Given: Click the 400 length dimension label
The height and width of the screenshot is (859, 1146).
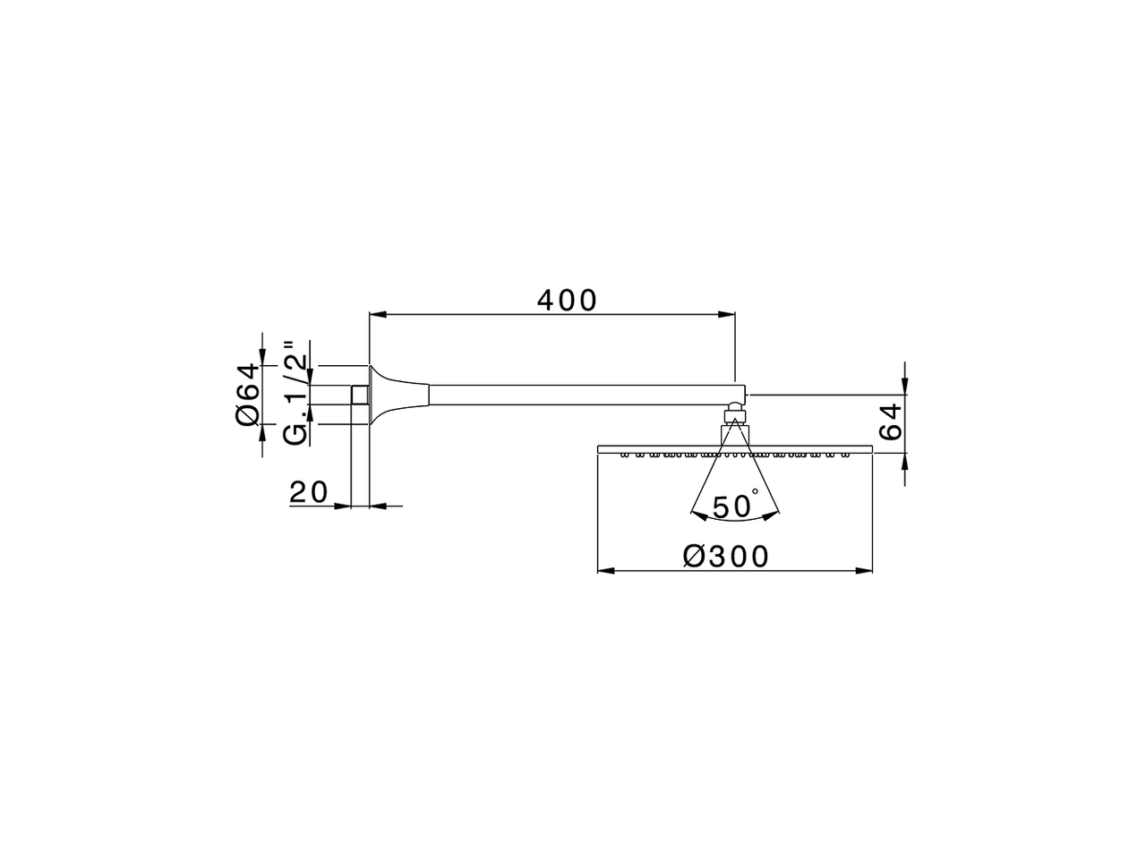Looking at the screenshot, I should tap(567, 300).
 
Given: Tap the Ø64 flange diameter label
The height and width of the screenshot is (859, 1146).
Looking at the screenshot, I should tap(248, 395).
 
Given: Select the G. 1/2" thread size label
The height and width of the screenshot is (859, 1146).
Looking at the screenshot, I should tap(295, 393).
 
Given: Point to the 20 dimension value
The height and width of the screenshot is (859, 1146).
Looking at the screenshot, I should tap(309, 491).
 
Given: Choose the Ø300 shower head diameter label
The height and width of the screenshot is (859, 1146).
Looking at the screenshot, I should tap(726, 556).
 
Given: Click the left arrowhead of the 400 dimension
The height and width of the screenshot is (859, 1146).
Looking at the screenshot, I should tap(377, 314).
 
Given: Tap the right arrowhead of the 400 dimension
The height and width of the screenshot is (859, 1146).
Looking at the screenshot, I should tap(727, 314).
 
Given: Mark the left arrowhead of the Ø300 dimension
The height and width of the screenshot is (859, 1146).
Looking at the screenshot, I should tap(605, 570).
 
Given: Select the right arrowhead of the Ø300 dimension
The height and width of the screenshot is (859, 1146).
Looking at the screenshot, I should tap(864, 570).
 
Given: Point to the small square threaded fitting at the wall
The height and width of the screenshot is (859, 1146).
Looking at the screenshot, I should tap(360, 395).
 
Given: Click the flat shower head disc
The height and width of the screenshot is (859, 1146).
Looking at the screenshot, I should tap(734, 448).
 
